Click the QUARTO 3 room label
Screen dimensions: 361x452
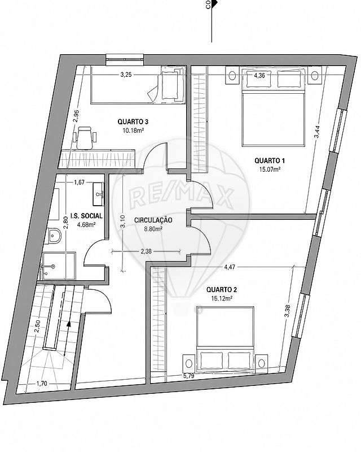(133, 121)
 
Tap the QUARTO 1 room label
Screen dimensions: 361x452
(270, 160)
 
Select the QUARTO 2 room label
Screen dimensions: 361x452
(222, 289)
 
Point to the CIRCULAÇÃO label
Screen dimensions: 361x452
(153, 220)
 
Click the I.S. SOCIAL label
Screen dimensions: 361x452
(86, 216)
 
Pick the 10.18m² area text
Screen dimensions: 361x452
(133, 131)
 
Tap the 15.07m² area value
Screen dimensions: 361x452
(270, 169)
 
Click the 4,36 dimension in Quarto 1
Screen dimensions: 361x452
(259, 76)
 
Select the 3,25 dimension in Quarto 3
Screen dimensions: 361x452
(126, 75)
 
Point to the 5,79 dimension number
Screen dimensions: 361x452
(189, 376)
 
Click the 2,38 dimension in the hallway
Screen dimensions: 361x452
(146, 251)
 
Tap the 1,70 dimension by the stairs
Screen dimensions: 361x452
(42, 384)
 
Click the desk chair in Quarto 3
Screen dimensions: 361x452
(85, 137)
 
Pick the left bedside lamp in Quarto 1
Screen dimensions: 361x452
(232, 76)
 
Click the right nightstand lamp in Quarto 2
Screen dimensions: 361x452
(261, 363)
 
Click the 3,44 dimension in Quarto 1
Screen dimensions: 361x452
(316, 132)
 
